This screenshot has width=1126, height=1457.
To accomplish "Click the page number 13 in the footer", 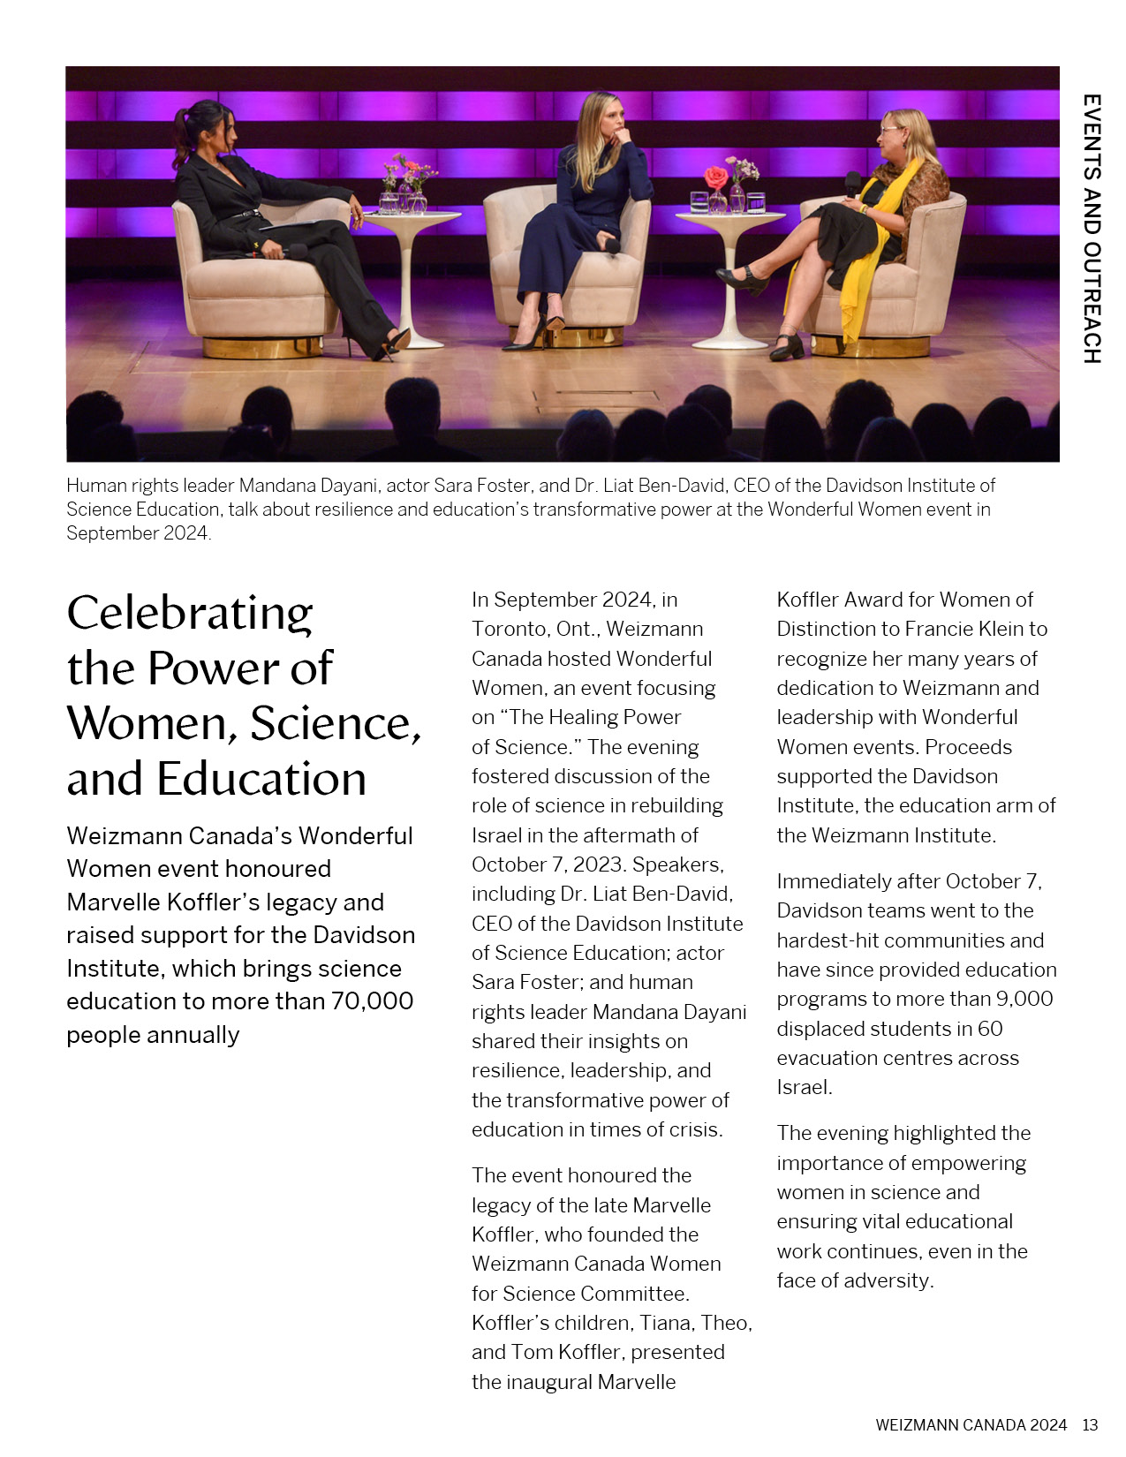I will pos(1090,1424).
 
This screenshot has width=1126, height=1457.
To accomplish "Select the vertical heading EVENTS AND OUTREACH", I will pos(1092,229).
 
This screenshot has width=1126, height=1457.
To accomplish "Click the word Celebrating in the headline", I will pos(190,614).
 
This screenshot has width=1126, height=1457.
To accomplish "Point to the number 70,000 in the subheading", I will pos(372,1001).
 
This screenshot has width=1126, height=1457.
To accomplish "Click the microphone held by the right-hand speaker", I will pos(852,183).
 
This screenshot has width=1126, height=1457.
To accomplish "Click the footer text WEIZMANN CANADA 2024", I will pos(971,1424).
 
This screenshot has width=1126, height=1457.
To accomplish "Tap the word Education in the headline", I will pos(261,780).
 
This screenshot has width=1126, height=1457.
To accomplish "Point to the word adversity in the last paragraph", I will pos(888,1280).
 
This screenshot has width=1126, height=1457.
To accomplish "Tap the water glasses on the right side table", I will pos(755,203).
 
